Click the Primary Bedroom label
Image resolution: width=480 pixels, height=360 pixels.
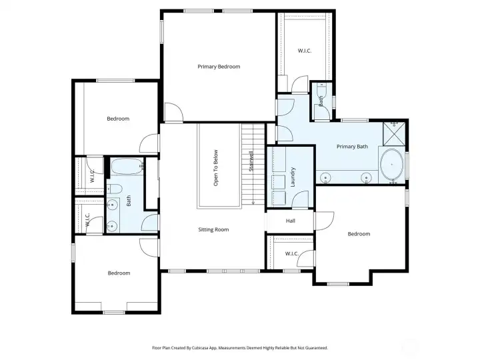click(x=219, y=67)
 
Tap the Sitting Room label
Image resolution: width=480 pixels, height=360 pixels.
click(x=213, y=229)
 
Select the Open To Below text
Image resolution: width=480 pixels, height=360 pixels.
click(x=216, y=167)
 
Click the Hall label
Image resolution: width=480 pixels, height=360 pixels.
click(x=291, y=221)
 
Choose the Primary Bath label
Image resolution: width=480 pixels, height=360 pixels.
click(x=352, y=147)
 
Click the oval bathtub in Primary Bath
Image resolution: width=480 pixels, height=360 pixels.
click(x=391, y=165)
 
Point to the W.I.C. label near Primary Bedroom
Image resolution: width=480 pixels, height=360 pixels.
click(x=305, y=51)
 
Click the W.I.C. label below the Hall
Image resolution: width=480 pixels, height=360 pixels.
click(x=291, y=253)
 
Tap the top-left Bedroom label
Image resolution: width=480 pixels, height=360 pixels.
click(x=118, y=119)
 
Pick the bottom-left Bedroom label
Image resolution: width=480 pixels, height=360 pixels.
click(x=119, y=273)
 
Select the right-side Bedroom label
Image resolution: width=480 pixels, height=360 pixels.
click(x=359, y=234)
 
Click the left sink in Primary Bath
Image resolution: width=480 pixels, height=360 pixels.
click(x=326, y=177)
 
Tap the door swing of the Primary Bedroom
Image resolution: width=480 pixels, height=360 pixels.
click(x=172, y=113)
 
